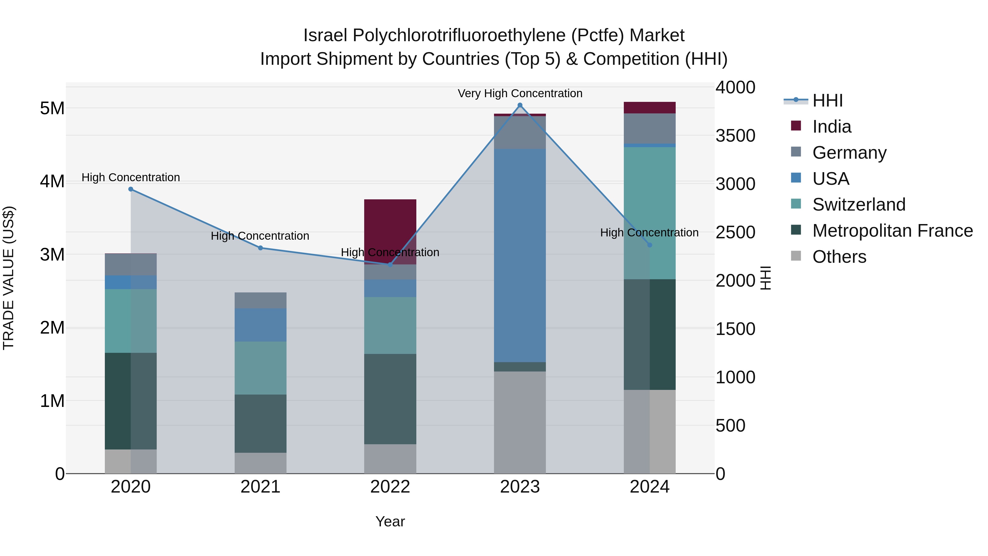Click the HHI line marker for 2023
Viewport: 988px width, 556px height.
(520, 105)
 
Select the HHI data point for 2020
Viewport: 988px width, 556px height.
(131, 189)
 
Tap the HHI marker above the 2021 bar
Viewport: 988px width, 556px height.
(260, 248)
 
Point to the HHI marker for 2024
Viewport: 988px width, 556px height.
(649, 245)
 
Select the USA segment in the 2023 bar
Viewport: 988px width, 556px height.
(520, 255)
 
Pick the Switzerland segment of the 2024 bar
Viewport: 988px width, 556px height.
(649, 213)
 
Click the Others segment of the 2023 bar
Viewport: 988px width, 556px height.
(520, 422)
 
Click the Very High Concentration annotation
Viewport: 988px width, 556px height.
(520, 94)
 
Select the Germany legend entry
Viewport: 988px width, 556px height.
(849, 153)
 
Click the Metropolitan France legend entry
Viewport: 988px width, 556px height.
(892, 231)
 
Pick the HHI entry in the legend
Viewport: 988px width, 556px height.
(827, 100)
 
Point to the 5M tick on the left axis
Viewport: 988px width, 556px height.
(52, 108)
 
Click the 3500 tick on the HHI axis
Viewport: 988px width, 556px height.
(735, 136)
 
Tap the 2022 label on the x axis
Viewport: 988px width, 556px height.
(390, 487)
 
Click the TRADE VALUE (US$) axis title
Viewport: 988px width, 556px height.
(9, 278)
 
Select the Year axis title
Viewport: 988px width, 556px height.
(390, 521)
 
